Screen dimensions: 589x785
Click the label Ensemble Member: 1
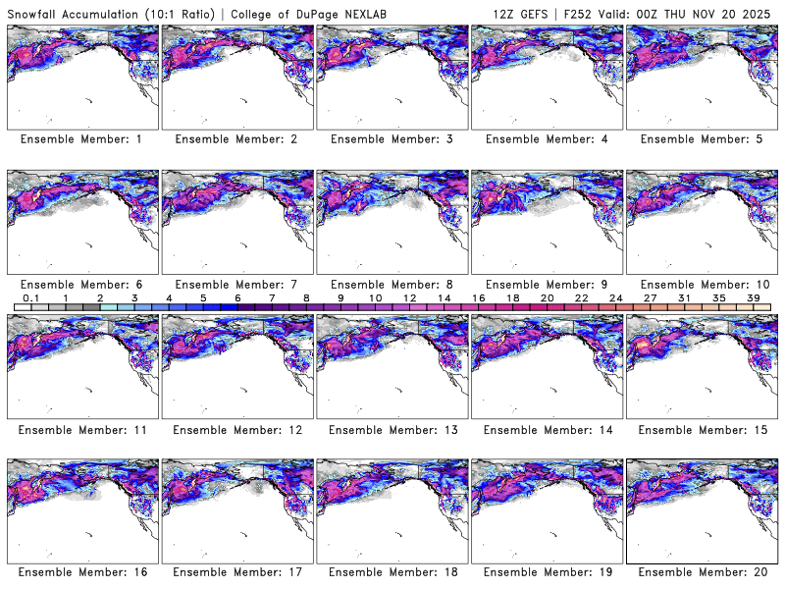[x=81, y=139]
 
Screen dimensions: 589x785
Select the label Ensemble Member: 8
[x=391, y=284]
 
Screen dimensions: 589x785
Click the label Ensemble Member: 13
[x=391, y=429]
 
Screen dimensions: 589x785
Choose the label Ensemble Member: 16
[x=81, y=571]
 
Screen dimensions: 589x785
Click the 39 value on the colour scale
[x=753, y=296]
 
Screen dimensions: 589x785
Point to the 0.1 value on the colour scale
[x=30, y=296]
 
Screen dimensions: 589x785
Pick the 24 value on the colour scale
[x=615, y=296]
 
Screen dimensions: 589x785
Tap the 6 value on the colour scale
[x=237, y=296]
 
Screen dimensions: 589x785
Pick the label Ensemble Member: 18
[x=391, y=571]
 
